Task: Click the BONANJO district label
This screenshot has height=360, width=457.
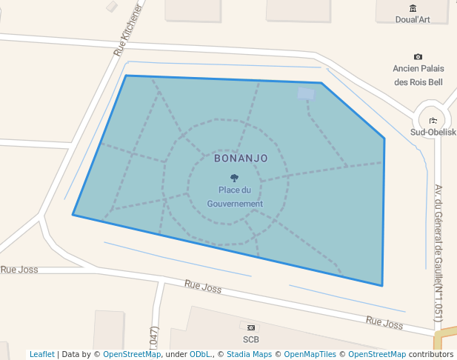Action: (241, 158)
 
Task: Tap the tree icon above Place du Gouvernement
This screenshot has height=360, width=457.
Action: (235, 178)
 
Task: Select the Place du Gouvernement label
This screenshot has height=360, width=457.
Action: (235, 197)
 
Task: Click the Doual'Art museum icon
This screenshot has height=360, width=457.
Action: (413, 8)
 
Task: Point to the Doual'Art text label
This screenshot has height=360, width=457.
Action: (413, 20)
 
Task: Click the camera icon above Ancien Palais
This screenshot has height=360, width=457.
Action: (418, 57)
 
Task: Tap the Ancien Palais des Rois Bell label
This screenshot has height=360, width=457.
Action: (418, 75)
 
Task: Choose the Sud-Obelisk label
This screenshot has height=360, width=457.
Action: (433, 133)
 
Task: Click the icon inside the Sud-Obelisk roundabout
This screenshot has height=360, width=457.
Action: (433, 121)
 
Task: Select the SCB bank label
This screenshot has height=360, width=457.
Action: (251, 339)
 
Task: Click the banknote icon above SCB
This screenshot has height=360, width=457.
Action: (251, 327)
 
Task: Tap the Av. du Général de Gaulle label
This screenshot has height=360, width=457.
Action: (438, 252)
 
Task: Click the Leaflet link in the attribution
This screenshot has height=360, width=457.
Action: (42, 354)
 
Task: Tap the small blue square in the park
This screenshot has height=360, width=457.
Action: (306, 93)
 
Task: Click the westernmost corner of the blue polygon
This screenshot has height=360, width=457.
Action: (73, 215)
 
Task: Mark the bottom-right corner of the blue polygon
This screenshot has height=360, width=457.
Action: (382, 285)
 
